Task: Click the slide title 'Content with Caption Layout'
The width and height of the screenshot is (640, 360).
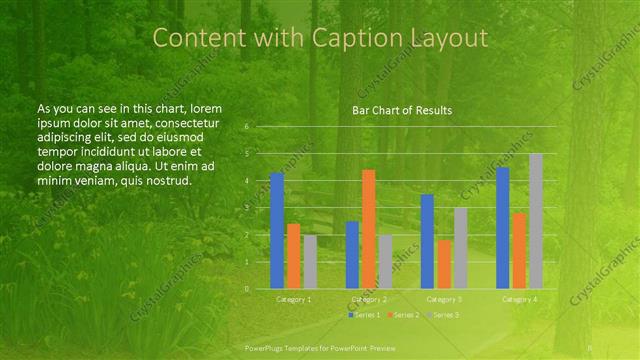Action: coord(320,38)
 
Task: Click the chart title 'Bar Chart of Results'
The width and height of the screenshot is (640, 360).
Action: coord(402,110)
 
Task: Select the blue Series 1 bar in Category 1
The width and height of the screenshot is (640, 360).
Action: coord(277,230)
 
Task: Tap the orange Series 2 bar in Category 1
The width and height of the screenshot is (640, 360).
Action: coord(293,256)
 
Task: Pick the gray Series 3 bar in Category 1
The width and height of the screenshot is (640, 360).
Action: coord(310,262)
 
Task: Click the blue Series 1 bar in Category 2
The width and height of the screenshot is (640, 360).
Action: coord(352,255)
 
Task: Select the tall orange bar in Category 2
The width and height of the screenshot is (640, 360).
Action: coord(369,229)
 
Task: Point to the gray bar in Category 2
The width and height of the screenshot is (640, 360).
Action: coord(385,262)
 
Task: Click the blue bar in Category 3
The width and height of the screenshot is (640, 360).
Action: coord(427,241)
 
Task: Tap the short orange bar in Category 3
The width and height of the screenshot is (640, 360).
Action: coord(444,264)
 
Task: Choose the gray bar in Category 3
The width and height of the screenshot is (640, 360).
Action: coord(460,248)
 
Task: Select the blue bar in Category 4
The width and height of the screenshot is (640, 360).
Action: coord(503,228)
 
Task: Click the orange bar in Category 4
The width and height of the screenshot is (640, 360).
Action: coord(519,250)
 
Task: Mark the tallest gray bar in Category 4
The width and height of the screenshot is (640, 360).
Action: coord(536,221)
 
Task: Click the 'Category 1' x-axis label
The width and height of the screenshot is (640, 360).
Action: coord(293,299)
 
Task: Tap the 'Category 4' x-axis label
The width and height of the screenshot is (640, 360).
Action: coord(519,299)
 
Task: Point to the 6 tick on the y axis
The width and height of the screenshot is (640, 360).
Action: coord(246,127)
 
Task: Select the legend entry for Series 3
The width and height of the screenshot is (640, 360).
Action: coord(445,315)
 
